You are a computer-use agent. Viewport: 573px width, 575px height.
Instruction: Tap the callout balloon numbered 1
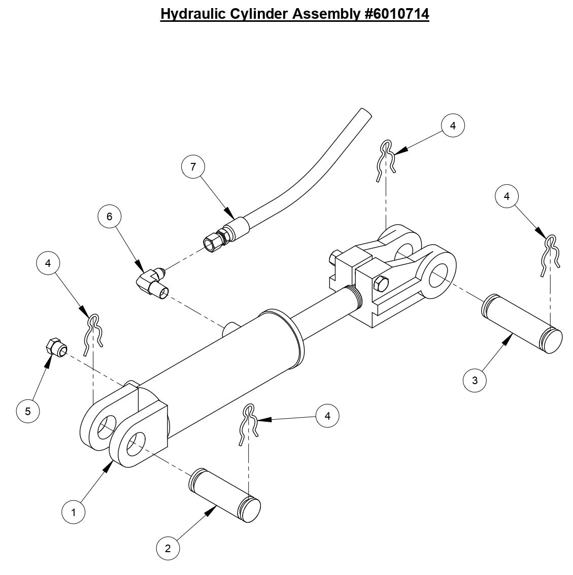74,513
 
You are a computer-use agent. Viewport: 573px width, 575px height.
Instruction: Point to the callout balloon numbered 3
475,380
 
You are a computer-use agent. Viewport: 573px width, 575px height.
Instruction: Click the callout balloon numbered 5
28,411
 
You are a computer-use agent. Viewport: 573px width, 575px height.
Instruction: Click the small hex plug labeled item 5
54,348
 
